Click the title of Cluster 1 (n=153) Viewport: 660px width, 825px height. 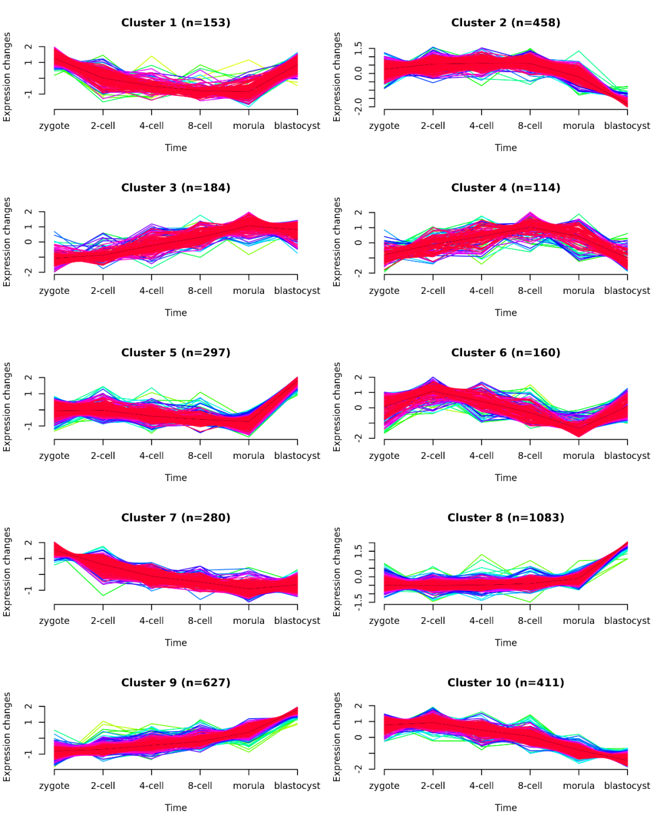[x=175, y=23]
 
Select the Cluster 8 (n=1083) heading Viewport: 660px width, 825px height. [x=505, y=518]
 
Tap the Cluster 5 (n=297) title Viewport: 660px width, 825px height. [x=175, y=353]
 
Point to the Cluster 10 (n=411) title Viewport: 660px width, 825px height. [x=505, y=683]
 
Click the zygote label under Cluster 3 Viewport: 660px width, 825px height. [x=54, y=291]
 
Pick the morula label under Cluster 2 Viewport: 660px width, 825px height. [x=578, y=126]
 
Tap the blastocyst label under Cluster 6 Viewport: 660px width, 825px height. [x=627, y=456]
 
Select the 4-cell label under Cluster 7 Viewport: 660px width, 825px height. [x=152, y=621]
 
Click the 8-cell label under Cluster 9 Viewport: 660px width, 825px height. [x=200, y=786]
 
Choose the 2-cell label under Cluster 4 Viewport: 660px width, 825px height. [x=433, y=291]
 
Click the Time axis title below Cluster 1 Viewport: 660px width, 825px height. [x=175, y=148]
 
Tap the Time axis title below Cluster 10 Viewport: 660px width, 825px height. [x=505, y=808]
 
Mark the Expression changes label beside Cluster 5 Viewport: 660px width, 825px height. [x=7, y=407]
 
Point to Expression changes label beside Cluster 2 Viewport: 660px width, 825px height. [x=337, y=77]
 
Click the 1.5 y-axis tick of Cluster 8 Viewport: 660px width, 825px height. [x=358, y=551]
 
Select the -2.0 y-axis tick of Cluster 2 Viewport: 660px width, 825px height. [x=358, y=105]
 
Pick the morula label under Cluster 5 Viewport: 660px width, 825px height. [x=248, y=456]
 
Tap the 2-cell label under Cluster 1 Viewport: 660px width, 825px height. [x=103, y=126]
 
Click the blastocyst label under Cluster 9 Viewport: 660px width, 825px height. [x=297, y=786]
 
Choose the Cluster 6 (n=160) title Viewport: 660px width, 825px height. [x=505, y=353]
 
